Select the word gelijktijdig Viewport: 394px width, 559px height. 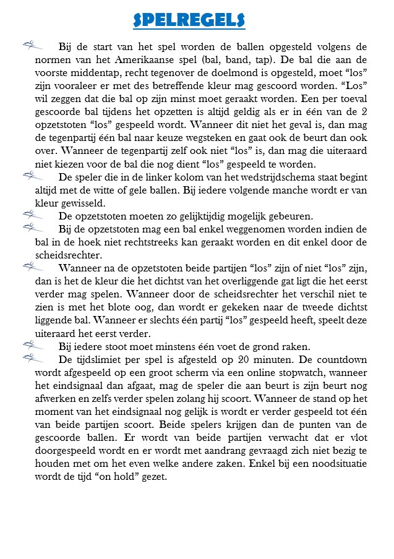pyautogui.click(x=199, y=216)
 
